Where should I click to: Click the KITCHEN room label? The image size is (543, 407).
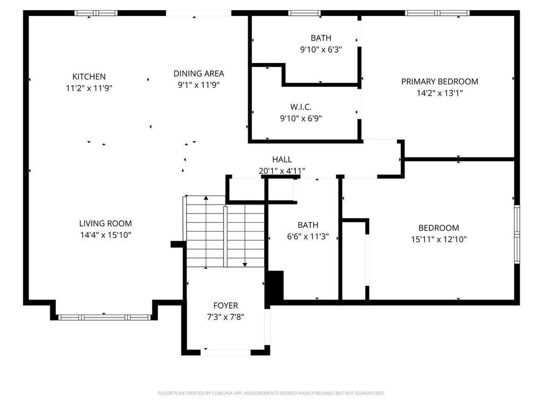(89, 76)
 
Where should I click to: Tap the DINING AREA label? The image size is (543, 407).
(199, 73)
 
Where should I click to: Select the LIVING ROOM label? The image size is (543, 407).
(106, 224)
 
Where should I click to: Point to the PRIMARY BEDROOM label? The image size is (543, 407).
(440, 82)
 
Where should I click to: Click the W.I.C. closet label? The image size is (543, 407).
(301, 107)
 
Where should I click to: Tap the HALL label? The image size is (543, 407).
(282, 160)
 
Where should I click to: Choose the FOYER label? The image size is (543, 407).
(226, 306)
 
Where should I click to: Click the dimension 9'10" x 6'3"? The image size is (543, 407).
(321, 49)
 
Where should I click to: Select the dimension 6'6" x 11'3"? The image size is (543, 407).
(308, 237)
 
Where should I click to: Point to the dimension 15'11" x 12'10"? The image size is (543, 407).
(439, 240)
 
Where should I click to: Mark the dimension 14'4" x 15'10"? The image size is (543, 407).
(106, 235)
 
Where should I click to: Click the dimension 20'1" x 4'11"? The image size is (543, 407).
(282, 171)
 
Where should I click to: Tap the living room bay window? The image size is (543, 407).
(104, 317)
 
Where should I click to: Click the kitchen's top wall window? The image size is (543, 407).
(97, 13)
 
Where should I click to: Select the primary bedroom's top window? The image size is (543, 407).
(437, 13)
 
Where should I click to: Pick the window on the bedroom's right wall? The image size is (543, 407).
(517, 234)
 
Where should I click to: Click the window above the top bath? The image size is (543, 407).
(304, 13)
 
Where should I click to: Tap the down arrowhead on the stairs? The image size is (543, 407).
(245, 265)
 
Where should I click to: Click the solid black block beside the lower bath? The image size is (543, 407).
(275, 286)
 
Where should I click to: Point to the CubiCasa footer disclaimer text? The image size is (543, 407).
(271, 393)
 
